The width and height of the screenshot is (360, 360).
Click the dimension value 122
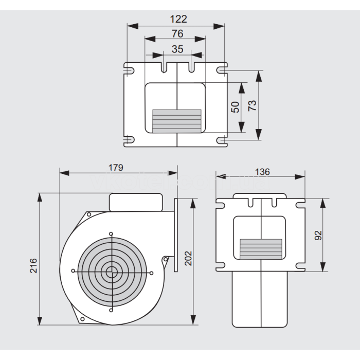(x=178, y=19)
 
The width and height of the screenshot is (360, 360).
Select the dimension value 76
(x=177, y=34)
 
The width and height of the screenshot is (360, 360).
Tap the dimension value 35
(x=177, y=49)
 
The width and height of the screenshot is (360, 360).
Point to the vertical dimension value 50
(x=236, y=107)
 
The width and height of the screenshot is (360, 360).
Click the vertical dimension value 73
(x=252, y=105)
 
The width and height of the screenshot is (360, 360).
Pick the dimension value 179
(x=116, y=168)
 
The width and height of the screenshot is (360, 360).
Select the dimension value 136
(x=262, y=172)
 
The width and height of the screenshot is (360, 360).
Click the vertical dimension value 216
(x=33, y=265)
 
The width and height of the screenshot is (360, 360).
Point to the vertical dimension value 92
(x=318, y=235)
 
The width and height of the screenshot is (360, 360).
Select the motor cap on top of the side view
(x=136, y=202)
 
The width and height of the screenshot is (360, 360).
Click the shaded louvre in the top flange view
(x=176, y=120)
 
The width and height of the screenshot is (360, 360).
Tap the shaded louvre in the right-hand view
(x=261, y=247)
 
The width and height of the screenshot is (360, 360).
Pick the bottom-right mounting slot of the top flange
(x=222, y=140)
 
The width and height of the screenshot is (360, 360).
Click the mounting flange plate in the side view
(x=176, y=234)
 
